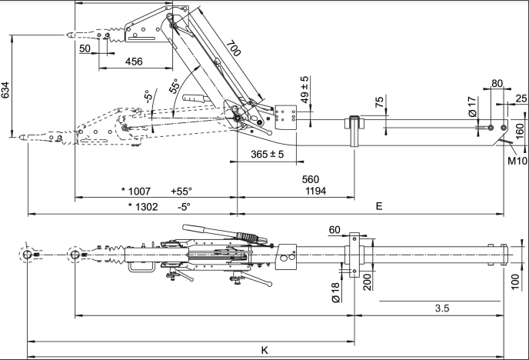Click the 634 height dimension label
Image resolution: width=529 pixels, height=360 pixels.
6,91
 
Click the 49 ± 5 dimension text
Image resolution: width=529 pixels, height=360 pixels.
304,90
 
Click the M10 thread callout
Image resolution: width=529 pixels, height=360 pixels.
516,162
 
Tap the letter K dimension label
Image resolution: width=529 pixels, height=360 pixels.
264,350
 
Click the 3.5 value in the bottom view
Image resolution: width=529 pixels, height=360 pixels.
441,308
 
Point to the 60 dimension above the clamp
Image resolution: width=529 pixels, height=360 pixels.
334,229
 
